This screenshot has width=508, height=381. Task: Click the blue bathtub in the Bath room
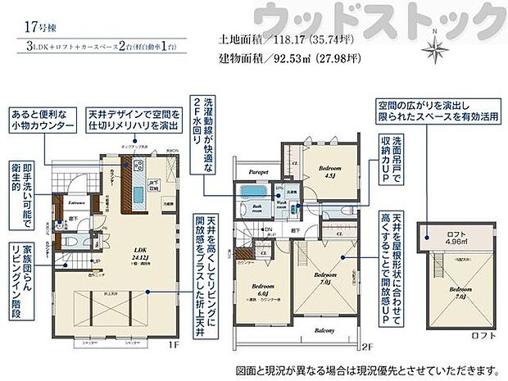(x=247, y=193)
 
